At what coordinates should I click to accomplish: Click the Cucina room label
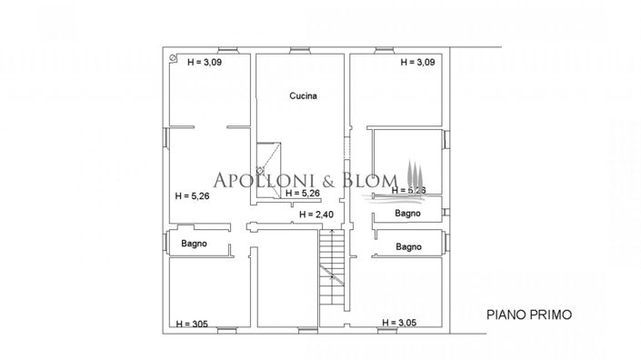point(304,95)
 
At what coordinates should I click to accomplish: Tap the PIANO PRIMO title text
point(528,315)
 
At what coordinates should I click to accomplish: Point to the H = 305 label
point(192,324)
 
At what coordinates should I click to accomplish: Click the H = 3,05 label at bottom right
point(401,323)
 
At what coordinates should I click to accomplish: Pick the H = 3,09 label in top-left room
point(205,63)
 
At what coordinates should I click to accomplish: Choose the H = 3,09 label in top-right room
point(419,63)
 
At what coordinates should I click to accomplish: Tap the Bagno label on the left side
point(195,244)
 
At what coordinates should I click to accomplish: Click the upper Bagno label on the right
point(406,214)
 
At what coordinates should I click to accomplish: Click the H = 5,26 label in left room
point(192,195)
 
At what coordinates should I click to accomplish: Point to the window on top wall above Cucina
point(300,50)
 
